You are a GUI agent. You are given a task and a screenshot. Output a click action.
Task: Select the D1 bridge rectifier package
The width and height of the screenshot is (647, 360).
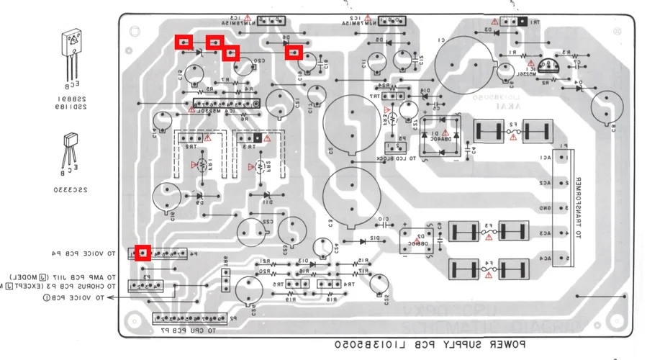tap(439, 135)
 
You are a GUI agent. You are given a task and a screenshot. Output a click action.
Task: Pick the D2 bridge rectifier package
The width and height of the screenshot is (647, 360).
tap(416, 240)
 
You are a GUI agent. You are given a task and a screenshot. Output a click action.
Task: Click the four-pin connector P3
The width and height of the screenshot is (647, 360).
tap(153, 286)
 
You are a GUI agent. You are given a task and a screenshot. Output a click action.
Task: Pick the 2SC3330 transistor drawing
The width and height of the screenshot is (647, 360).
tap(72, 148)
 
